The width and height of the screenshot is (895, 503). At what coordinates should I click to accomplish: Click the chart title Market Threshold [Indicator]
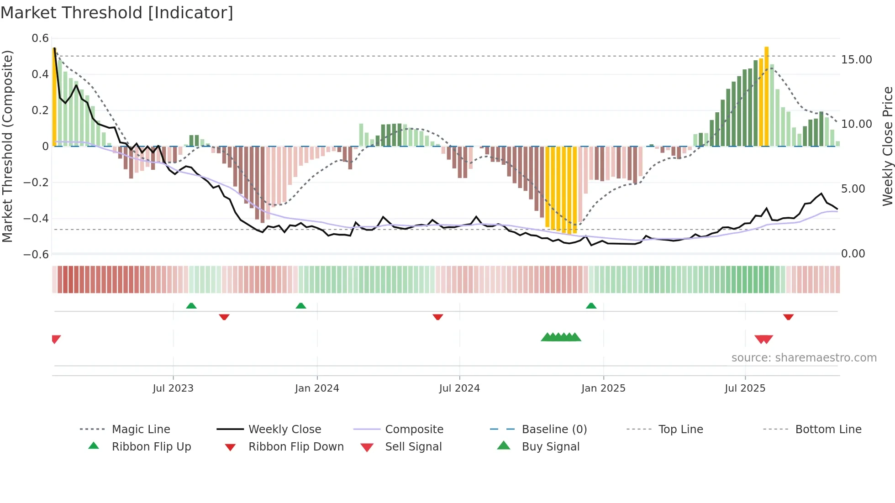pos(117,13)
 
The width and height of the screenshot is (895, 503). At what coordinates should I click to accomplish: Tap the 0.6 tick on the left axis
pos(40,38)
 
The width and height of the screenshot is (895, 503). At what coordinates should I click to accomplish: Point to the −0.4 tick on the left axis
pos(36,218)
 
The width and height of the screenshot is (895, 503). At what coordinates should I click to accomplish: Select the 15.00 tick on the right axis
pos(856,60)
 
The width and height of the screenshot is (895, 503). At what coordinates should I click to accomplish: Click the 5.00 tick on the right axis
pos(853,189)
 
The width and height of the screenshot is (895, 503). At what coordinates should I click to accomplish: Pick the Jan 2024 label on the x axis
pos(317,388)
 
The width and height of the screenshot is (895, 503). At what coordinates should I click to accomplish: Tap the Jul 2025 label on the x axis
pos(745,388)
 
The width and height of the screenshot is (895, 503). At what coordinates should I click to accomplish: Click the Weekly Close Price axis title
pos(887,146)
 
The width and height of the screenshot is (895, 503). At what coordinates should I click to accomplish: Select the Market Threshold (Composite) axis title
pos(7,146)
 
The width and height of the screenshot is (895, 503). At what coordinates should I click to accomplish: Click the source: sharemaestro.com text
pos(804,358)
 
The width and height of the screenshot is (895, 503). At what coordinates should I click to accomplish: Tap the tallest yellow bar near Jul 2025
pos(767,96)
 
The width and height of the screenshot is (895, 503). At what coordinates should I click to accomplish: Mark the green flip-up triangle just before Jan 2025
pos(591,306)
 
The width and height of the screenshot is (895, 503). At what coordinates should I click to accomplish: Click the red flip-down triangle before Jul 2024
pos(438,317)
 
